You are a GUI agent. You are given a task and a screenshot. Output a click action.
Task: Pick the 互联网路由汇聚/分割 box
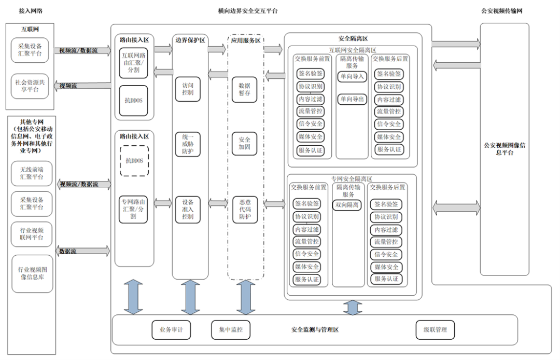134,62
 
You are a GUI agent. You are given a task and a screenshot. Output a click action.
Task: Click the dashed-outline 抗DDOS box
134,161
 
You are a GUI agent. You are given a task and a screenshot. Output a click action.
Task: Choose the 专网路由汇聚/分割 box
134,208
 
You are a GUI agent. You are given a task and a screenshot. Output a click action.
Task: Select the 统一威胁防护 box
188,144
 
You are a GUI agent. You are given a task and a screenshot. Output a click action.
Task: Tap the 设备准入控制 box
188,209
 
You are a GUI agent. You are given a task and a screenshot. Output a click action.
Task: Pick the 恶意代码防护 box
244,209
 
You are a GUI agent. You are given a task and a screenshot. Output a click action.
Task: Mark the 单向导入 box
352,76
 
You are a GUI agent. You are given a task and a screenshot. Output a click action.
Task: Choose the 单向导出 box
352,99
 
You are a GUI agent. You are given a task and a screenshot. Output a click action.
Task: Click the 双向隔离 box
347,205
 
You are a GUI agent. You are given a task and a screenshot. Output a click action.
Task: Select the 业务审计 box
171,329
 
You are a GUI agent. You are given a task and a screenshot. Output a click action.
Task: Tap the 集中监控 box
231,329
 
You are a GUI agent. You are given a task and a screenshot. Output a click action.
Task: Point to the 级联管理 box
435,329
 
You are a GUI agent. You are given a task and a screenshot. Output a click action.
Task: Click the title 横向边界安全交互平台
248,11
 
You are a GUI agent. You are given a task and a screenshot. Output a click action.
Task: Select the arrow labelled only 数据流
83,251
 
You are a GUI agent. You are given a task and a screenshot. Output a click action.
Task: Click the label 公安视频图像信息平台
505,149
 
